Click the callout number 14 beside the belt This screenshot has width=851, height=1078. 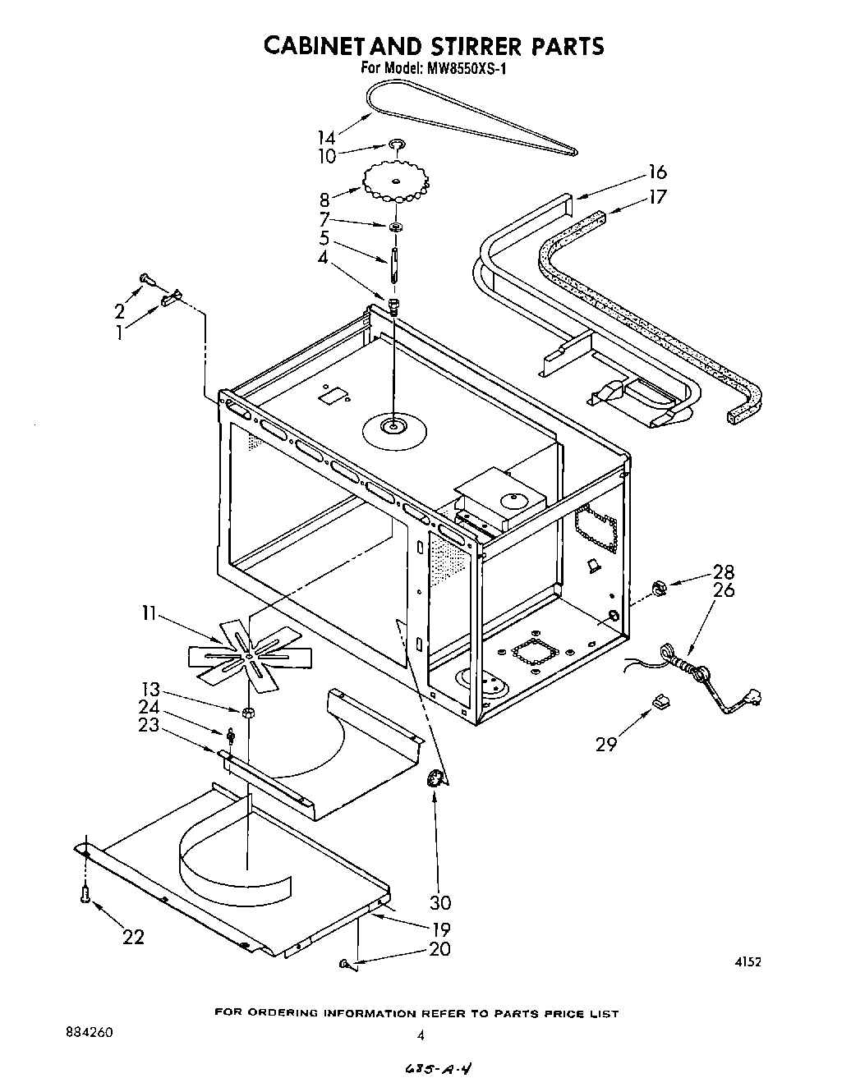click(x=326, y=137)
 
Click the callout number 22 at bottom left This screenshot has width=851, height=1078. click(x=132, y=936)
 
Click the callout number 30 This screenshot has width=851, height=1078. click(x=440, y=902)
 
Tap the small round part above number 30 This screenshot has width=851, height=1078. click(x=435, y=779)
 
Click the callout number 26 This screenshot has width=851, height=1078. click(x=724, y=589)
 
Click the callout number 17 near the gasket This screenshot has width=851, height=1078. click(x=657, y=197)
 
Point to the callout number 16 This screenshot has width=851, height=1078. click(x=657, y=172)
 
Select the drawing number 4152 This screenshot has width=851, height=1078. click(x=747, y=961)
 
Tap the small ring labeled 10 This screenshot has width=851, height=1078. click(x=397, y=146)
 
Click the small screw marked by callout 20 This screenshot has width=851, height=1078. click(x=344, y=964)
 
